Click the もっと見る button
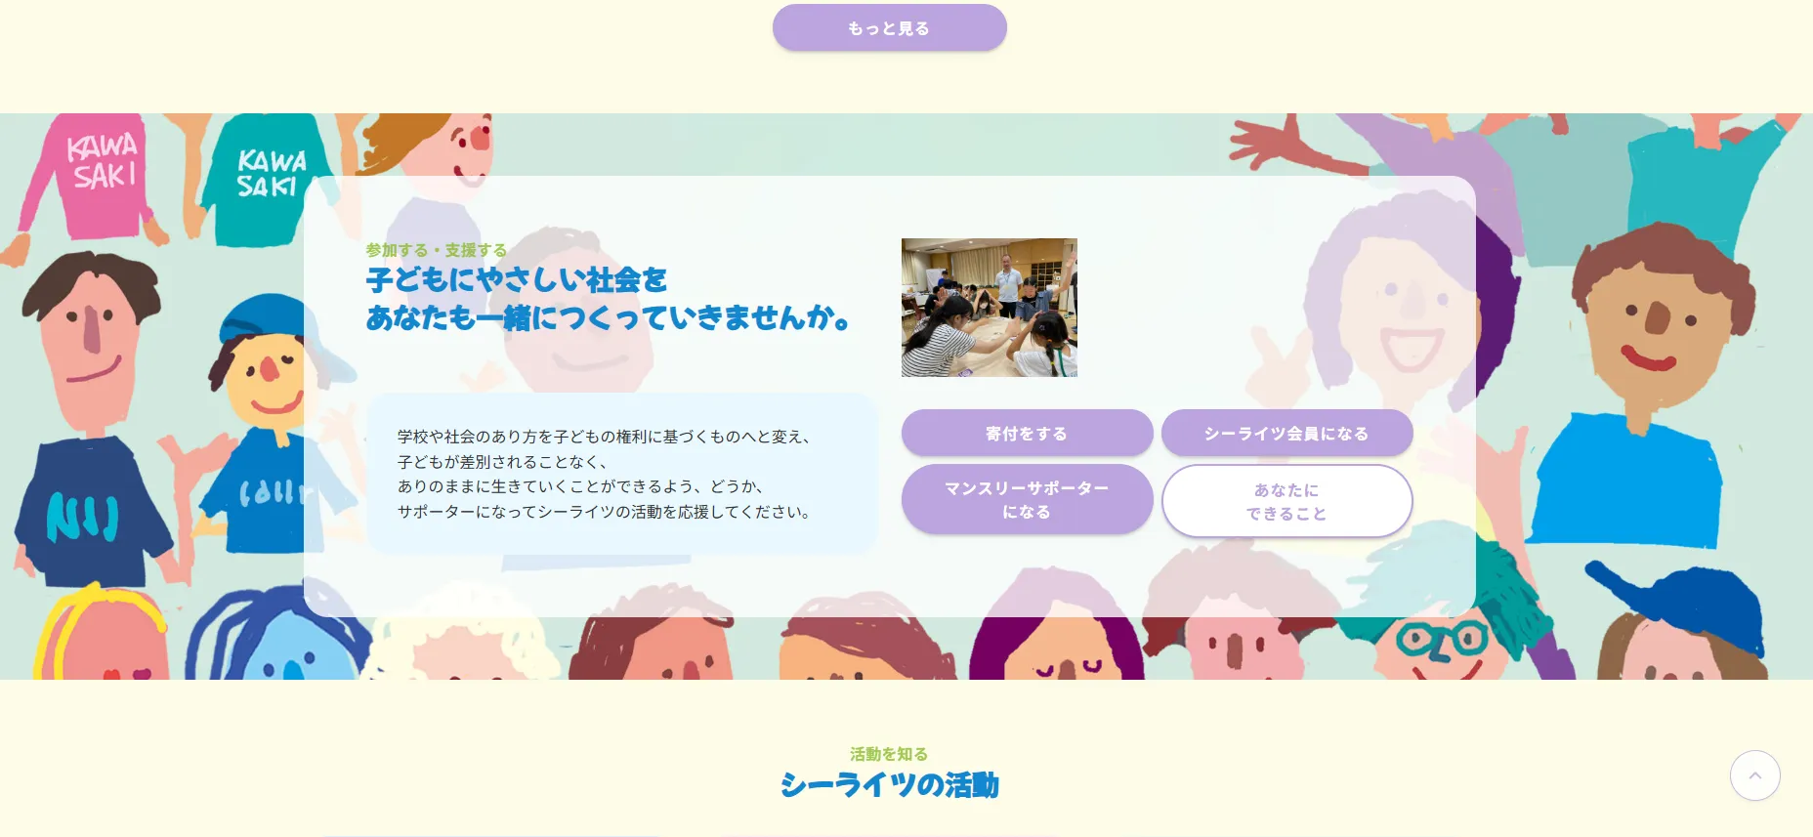click(x=889, y=28)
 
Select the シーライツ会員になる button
click(x=1286, y=433)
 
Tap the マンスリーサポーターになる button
click(x=1027, y=499)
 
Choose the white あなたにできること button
click(x=1286, y=501)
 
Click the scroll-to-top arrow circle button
click(x=1754, y=775)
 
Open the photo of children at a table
click(x=989, y=308)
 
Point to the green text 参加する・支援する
click(x=437, y=250)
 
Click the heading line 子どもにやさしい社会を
click(x=517, y=280)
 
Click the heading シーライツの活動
click(x=889, y=785)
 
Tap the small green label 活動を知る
click(x=889, y=754)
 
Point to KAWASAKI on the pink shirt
click(x=102, y=162)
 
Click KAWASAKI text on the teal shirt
click(x=271, y=173)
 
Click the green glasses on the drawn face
click(x=1442, y=640)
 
